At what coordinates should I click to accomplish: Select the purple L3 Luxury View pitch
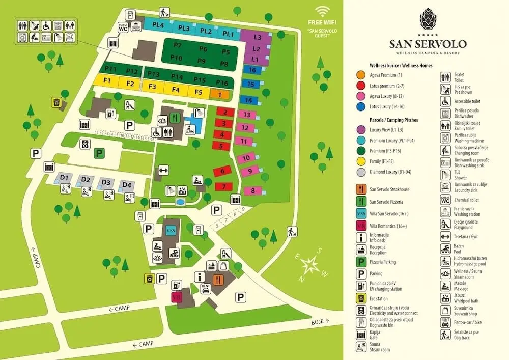257,37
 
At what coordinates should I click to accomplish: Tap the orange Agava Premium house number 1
219,94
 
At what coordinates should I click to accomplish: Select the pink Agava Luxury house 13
246,115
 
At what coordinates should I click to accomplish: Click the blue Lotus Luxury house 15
249,84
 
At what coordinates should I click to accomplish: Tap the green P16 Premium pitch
222,82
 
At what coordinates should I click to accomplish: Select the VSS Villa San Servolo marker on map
171,231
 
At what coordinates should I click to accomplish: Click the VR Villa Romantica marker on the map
177,298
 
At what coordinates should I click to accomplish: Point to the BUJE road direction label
319,322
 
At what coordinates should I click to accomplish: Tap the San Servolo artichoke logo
428,18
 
